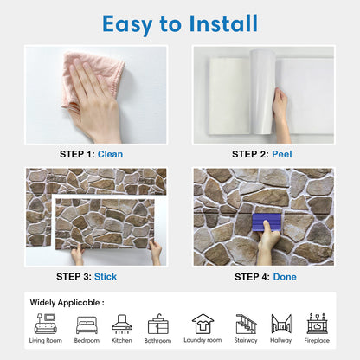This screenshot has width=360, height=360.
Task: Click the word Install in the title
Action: (223, 23)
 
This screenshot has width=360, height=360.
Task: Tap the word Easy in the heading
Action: (127, 25)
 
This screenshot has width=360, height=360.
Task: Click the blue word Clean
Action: (110, 154)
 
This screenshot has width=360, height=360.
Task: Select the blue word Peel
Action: (282, 154)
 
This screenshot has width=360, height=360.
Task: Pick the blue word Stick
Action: (106, 277)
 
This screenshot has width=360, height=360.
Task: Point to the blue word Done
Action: (285, 277)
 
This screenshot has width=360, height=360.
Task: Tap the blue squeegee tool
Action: (267, 222)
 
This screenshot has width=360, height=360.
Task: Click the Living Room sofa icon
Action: (46, 324)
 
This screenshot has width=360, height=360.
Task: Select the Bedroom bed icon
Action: (87, 325)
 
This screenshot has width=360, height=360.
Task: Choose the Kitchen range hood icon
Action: (122, 324)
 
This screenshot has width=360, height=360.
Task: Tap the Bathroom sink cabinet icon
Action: (157, 325)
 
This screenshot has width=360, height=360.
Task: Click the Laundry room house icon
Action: (203, 324)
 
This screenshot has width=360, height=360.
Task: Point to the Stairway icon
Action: (246, 324)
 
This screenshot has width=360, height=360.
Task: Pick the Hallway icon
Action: (281, 324)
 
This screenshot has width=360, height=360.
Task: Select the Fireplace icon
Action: (317, 324)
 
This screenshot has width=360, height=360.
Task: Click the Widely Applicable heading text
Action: (67, 303)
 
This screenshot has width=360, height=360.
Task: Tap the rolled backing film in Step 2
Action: (262, 92)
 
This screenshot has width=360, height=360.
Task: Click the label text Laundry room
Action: (202, 340)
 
